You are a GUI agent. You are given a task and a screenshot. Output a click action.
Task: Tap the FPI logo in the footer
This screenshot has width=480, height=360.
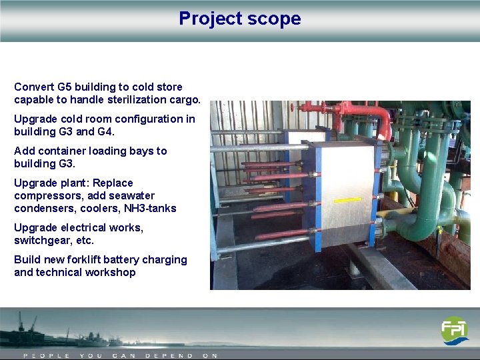[455, 331]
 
